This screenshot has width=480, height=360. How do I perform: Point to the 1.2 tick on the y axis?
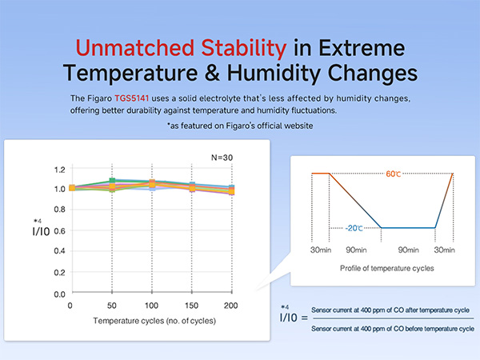click(59, 170)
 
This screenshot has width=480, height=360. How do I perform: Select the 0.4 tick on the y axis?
click(59, 253)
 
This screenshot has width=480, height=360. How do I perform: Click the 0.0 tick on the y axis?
click(59, 294)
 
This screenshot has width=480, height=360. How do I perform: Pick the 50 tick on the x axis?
click(112, 306)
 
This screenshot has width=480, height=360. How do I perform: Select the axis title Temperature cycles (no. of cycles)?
click(152, 320)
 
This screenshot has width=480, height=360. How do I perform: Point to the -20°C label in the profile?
click(354, 228)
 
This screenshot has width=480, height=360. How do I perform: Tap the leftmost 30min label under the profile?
click(321, 250)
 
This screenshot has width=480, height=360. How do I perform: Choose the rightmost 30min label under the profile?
click(444, 250)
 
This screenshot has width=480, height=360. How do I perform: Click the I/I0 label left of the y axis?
click(39, 233)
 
